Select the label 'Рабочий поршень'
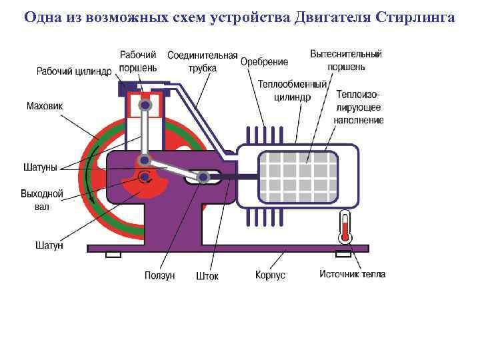[x=139, y=61]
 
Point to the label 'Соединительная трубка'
[x=203, y=61]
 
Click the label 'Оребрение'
[x=264, y=62]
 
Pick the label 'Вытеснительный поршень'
[x=346, y=60]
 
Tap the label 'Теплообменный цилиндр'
[x=292, y=90]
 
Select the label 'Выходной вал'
[x=41, y=200]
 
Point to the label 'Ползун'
[x=159, y=275]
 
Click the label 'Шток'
[x=207, y=275]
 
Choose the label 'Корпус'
[x=270, y=275]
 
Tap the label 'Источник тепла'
[x=352, y=274]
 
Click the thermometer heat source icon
[x=345, y=227]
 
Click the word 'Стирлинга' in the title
[x=415, y=17]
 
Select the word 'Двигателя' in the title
[x=333, y=17]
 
